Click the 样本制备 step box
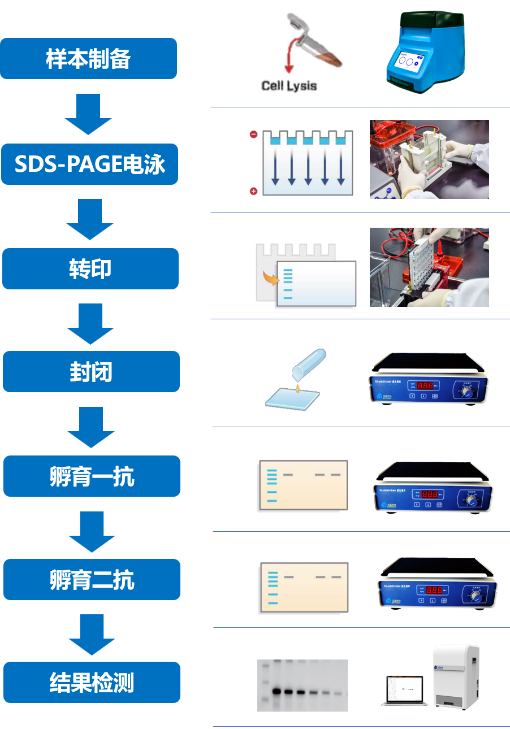(x=88, y=59)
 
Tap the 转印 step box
(x=90, y=269)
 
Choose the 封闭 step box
(x=91, y=372)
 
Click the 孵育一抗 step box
(x=92, y=476)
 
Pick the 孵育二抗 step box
(x=92, y=580)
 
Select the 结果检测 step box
(x=92, y=683)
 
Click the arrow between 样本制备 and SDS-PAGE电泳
(x=88, y=114)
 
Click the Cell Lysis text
(x=289, y=86)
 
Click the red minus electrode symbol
(x=254, y=134)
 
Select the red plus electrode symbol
(x=254, y=191)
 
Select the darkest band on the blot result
(x=277, y=691)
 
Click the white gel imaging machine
(x=456, y=675)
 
